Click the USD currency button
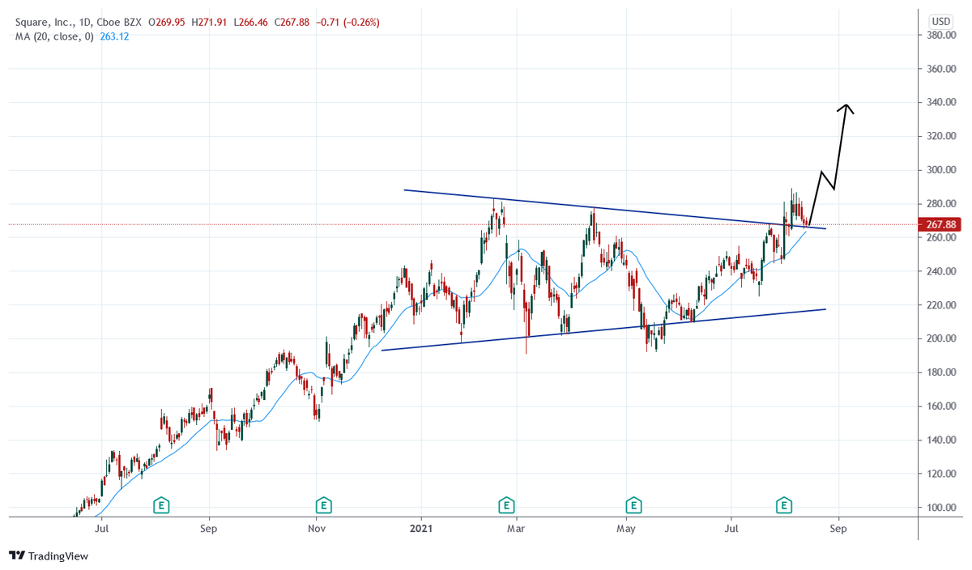[x=940, y=21]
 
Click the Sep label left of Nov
[x=209, y=530]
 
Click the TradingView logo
[x=49, y=556]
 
